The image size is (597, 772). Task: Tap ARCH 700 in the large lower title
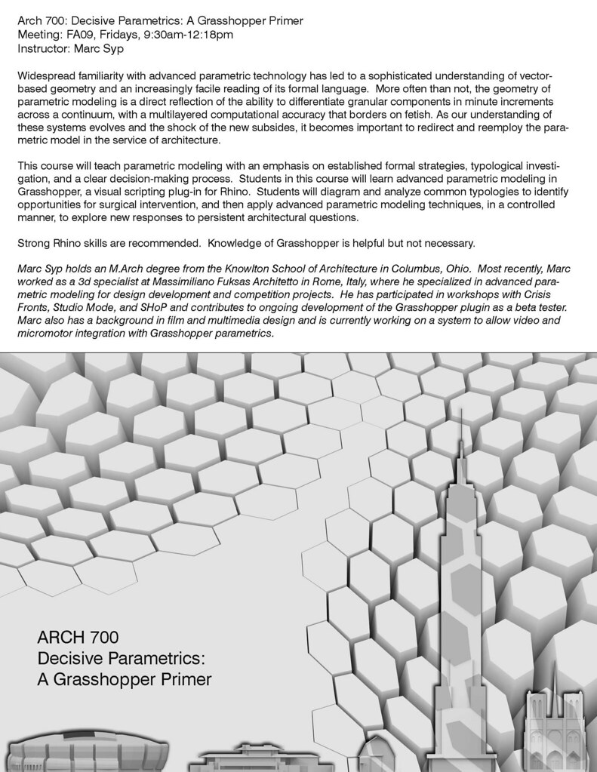click(x=78, y=631)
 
